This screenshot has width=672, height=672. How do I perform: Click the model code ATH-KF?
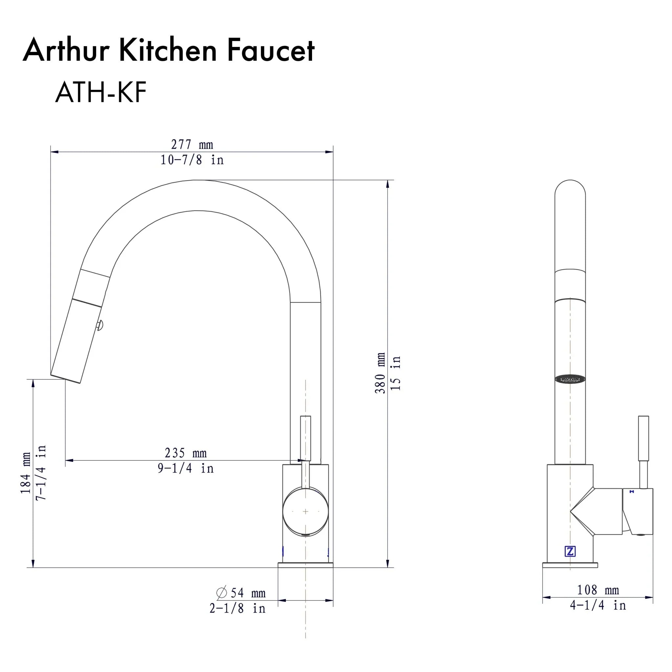coord(101,93)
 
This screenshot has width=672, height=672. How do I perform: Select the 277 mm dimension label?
coord(192,144)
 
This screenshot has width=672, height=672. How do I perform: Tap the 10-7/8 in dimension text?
coord(192,160)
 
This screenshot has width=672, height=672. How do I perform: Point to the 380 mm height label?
coord(380,373)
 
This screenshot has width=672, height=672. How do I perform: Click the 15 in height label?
coord(396,373)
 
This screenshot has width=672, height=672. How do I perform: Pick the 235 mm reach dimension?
coord(186,453)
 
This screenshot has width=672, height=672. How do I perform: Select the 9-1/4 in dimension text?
coord(186,469)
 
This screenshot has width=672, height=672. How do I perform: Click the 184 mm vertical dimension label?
coord(25,473)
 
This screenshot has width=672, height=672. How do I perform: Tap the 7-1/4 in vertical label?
coord(41,473)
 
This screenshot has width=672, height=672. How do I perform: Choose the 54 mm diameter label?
coord(248,593)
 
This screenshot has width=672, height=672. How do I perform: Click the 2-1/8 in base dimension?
coord(238,609)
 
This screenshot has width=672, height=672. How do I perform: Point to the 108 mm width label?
coord(598,590)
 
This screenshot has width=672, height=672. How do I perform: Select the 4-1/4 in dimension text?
coord(598,606)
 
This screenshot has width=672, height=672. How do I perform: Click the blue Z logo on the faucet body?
coord(570,551)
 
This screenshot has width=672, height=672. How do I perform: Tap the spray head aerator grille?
coord(570,379)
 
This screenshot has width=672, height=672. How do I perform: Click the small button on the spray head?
coord(100,325)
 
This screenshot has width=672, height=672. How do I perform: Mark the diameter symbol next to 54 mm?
coord(221,592)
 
